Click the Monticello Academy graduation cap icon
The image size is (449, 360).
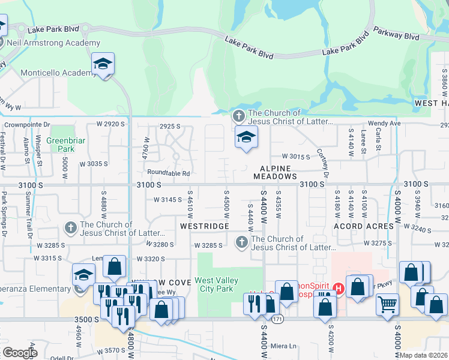pyautogui.click(x=103, y=64)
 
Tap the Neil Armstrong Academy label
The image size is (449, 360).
pyautogui.click(x=53, y=43)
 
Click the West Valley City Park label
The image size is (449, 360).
pyautogui.click(x=216, y=284)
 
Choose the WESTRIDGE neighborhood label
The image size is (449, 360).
pyautogui.click(x=204, y=226)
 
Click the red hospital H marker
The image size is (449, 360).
pyautogui.click(x=339, y=289)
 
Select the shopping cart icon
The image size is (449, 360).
pyautogui.click(x=388, y=304)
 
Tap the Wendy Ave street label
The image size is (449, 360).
pyautogui.click(x=388, y=123)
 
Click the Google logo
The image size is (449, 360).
pyautogui.click(x=20, y=353)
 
